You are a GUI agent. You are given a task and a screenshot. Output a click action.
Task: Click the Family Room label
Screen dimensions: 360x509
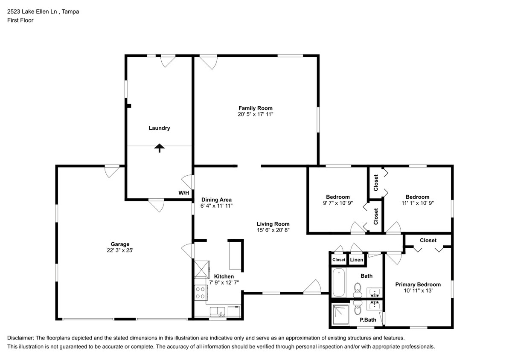(x=255, y=108)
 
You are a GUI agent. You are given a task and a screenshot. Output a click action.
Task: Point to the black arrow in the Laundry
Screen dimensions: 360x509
(x=159, y=148)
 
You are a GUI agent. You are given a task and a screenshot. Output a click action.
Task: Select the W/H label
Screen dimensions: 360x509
(x=183, y=193)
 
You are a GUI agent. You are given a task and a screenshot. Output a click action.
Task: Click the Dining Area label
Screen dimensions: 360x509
(x=216, y=200)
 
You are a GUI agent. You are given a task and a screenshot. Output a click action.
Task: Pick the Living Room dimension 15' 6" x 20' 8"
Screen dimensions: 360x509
(x=273, y=230)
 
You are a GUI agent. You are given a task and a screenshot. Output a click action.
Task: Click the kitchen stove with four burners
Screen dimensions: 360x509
(x=200, y=293)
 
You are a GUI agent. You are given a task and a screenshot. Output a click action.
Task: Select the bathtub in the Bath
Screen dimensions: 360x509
(x=338, y=282)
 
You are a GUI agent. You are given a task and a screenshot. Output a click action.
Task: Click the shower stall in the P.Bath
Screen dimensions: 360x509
(x=340, y=315)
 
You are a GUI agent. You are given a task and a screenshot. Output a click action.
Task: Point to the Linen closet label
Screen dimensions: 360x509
(x=356, y=260)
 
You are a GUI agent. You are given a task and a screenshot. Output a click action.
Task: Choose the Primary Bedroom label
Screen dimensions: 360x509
(x=418, y=285)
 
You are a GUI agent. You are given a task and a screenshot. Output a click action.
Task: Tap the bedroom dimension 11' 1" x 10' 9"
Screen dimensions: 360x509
(x=417, y=203)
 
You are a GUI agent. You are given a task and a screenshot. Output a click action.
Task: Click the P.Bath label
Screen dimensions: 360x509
(x=367, y=320)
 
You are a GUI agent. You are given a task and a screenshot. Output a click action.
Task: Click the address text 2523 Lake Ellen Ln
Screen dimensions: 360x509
(x=32, y=12)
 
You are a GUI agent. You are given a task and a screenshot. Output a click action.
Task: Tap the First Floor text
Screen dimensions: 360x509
(x=20, y=20)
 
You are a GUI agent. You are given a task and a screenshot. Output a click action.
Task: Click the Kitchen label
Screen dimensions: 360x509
(x=224, y=276)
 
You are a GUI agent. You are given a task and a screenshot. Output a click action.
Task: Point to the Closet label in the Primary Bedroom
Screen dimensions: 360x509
(x=428, y=240)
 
